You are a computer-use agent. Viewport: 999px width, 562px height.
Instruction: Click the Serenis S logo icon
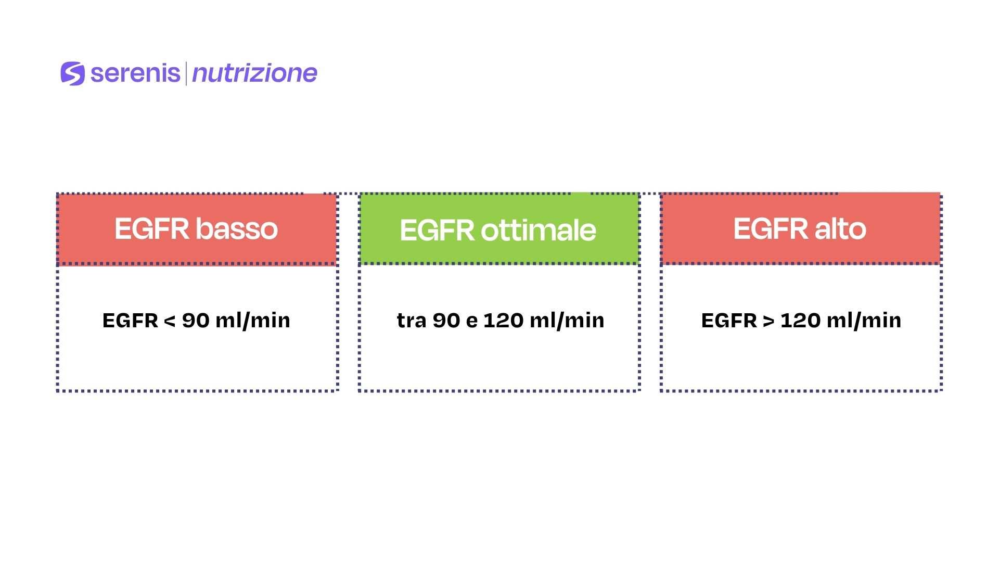pos(72,73)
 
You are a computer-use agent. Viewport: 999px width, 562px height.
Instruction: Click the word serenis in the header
pos(135,73)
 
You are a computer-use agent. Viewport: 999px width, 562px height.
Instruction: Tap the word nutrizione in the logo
pos(254,73)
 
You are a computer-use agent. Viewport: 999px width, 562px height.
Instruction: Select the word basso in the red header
pos(237,229)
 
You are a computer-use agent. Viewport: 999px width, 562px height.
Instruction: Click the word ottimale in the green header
pos(539,230)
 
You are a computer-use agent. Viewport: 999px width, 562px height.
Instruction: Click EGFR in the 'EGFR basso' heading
pos(151,229)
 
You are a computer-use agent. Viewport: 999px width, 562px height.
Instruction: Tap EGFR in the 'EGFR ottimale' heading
pos(437,231)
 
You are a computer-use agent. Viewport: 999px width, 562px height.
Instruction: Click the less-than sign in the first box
pos(170,321)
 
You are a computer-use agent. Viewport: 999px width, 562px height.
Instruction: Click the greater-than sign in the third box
pos(769,321)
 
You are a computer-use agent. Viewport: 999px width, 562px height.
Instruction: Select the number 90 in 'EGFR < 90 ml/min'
pos(196,321)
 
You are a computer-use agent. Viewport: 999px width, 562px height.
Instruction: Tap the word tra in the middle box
pos(412,321)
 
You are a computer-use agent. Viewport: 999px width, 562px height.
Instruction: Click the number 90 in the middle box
pos(446,321)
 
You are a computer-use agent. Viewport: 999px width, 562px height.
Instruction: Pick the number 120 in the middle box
pos(503,321)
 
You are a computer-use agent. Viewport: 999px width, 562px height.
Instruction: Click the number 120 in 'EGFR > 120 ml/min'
pos(800,321)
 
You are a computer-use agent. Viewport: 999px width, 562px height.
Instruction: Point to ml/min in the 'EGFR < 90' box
pos(253,321)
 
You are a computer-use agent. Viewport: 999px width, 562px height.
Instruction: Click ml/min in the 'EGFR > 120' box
pos(864,321)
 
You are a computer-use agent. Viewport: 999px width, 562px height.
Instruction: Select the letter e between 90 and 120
pos(472,322)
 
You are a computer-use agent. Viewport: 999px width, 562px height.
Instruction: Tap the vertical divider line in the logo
pos(186,73)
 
